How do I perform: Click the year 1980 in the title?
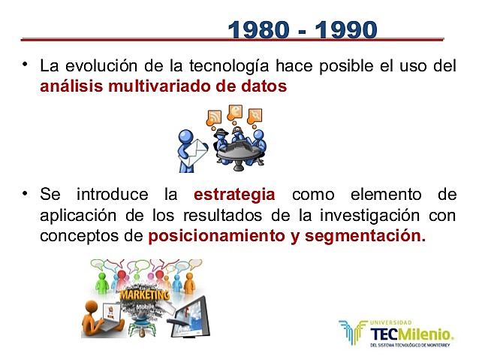(260, 30)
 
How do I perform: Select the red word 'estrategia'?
(234, 195)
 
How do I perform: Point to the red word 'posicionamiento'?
(206, 236)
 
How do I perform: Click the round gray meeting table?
(239, 153)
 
